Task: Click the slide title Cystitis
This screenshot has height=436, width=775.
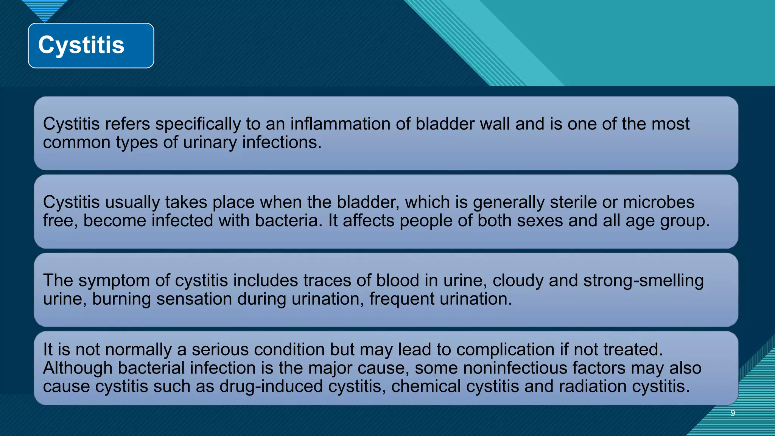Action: coord(81,45)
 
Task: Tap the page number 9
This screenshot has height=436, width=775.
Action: coord(733,413)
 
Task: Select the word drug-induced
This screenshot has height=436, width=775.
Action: coord(271,387)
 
